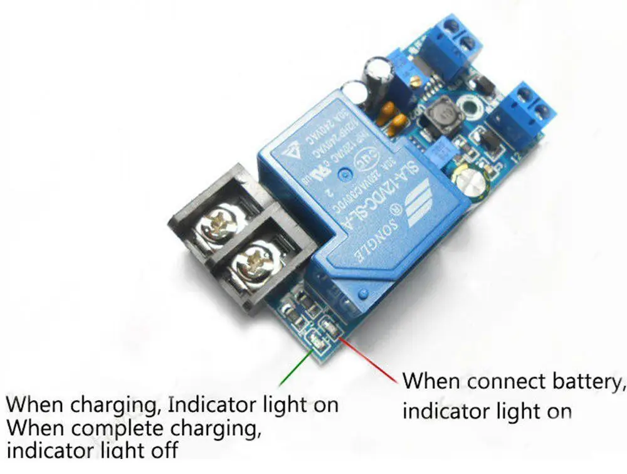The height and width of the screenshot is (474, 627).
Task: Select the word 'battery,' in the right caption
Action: (x=582, y=382)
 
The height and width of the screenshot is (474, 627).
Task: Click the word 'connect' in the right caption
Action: (x=497, y=382)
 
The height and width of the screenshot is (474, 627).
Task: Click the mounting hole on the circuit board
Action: (x=470, y=108)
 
